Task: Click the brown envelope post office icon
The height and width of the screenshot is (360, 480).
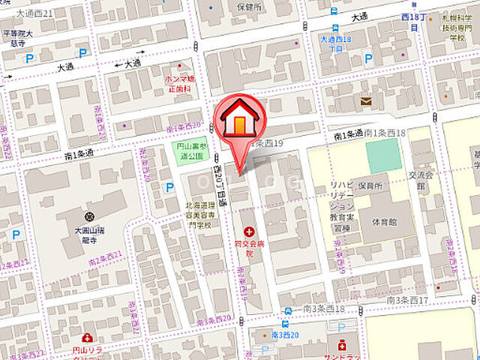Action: [365, 101]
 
